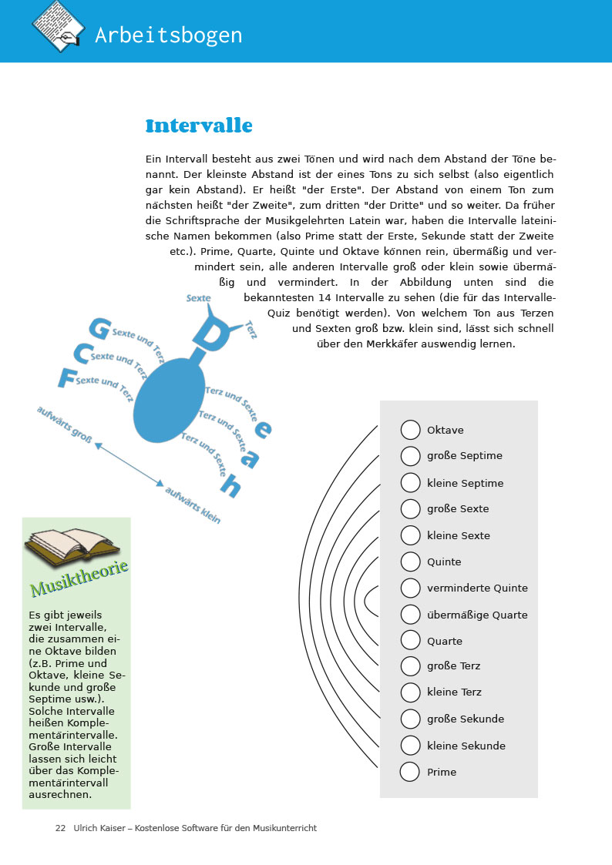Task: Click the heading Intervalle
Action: click(199, 126)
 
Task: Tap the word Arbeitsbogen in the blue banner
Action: click(168, 35)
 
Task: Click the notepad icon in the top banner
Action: click(58, 26)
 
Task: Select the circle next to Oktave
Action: click(410, 430)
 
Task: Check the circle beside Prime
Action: click(410, 772)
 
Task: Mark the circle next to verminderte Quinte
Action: click(410, 588)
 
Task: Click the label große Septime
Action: click(464, 456)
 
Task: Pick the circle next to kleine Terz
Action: click(410, 692)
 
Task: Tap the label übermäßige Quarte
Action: click(477, 615)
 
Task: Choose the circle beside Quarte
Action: click(410, 641)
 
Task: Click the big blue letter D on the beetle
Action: click(206, 333)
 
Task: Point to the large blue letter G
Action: click(99, 328)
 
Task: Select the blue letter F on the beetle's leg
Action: click(67, 377)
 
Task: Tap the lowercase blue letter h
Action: click(230, 486)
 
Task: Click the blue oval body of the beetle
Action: click(169, 403)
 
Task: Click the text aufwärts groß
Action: click(65, 424)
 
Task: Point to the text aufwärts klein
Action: click(193, 506)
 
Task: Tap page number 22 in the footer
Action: click(60, 828)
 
